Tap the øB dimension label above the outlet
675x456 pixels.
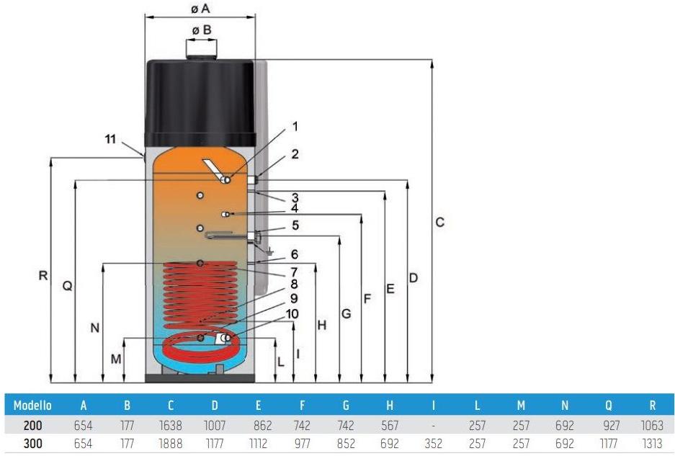click(201, 30)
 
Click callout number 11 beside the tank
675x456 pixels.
click(109, 139)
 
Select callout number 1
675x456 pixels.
click(295, 127)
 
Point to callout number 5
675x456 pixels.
click(295, 225)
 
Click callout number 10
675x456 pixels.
click(292, 313)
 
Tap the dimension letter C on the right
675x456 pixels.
click(439, 223)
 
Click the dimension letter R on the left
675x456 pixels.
click(43, 275)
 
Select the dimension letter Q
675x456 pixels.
click(67, 286)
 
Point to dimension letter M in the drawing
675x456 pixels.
click(116, 358)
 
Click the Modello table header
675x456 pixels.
click(32, 406)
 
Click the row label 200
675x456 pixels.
click(32, 426)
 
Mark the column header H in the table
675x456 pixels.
click(390, 406)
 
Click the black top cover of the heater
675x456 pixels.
click(200, 101)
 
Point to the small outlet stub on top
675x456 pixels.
click(201, 50)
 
